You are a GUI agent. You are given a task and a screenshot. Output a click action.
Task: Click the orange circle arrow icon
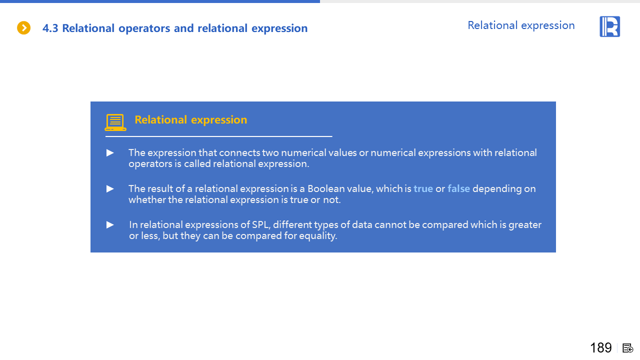coord(23,28)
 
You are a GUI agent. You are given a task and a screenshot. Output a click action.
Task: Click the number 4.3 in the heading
coord(50,28)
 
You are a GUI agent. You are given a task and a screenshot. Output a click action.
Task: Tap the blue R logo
coord(609,26)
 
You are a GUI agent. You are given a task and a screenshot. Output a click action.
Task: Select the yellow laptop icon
coord(115,122)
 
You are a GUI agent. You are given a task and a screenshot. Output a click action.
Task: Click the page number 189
coord(601,347)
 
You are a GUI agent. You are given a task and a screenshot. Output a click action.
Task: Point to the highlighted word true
coord(423,189)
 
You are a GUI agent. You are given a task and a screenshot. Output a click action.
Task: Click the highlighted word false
coord(458,189)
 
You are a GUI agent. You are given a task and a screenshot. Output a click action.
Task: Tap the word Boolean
coord(326,189)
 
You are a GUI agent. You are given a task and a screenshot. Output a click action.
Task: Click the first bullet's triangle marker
coord(110,153)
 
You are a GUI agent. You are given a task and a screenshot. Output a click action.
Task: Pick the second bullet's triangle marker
coord(110,189)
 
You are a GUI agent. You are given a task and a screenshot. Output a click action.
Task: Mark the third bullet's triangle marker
coord(110,225)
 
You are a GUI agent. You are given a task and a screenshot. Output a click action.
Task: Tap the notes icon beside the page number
coord(628,348)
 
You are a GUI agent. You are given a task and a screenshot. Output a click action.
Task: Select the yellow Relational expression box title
coord(191,120)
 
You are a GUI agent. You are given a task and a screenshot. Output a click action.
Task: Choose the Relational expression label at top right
coord(521,25)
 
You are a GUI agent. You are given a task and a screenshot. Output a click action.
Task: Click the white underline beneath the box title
coord(218,136)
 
